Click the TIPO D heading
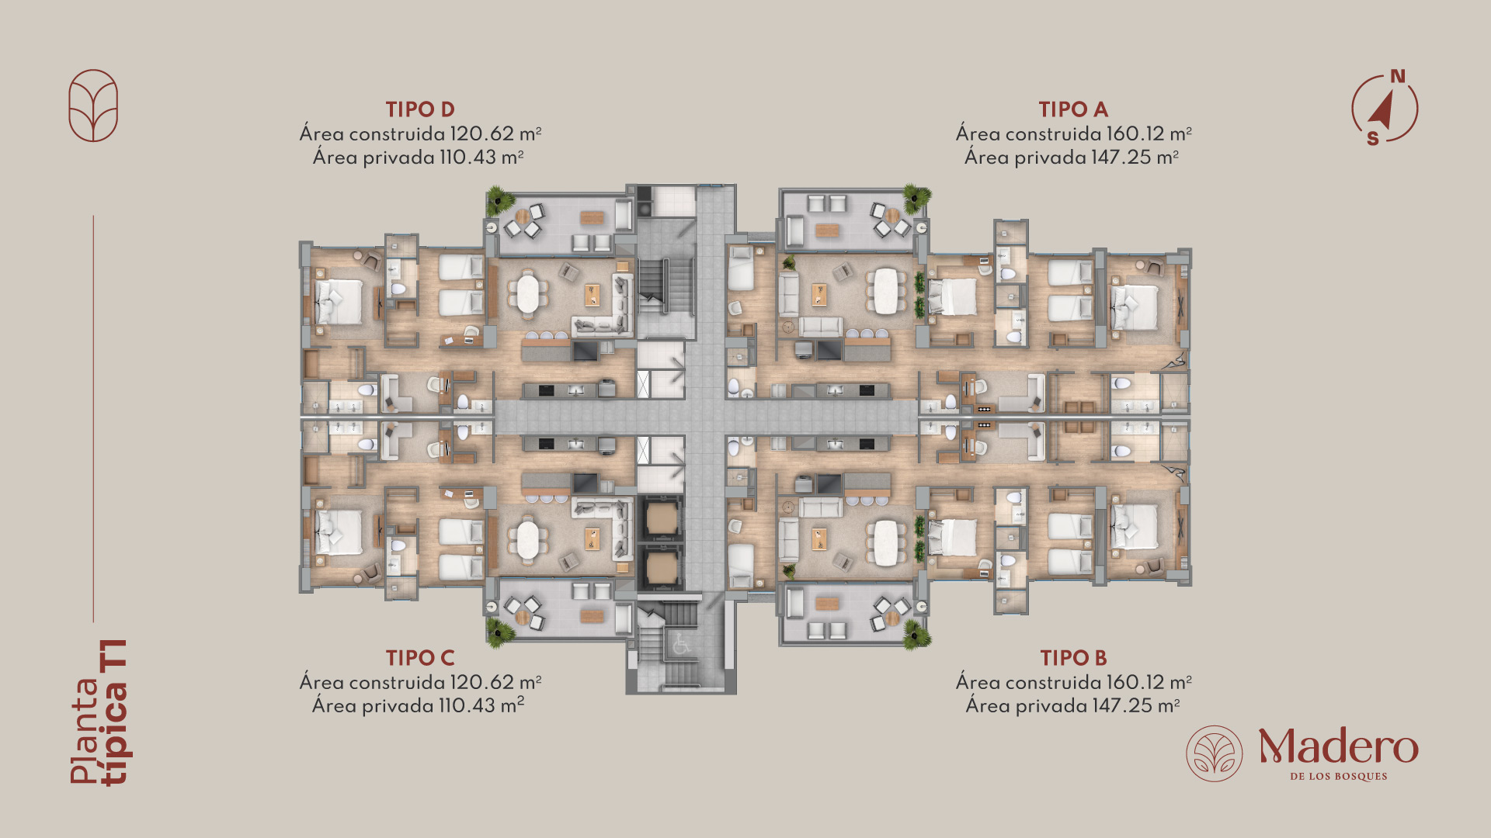(420, 109)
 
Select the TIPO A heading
(1073, 109)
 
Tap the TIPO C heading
(420, 658)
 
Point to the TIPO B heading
(1073, 658)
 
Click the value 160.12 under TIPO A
(1135, 133)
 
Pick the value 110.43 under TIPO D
(467, 158)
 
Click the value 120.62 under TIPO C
(481, 682)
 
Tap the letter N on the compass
(1398, 76)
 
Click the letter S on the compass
(1373, 138)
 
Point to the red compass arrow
(1381, 110)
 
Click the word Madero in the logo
(1338, 746)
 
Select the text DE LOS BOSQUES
(1338, 776)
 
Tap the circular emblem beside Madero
(1214, 753)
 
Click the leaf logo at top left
(93, 106)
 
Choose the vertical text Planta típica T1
(100, 712)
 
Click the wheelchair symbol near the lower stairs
(681, 643)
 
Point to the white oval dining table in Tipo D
(528, 294)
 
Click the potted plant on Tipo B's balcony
(916, 635)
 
